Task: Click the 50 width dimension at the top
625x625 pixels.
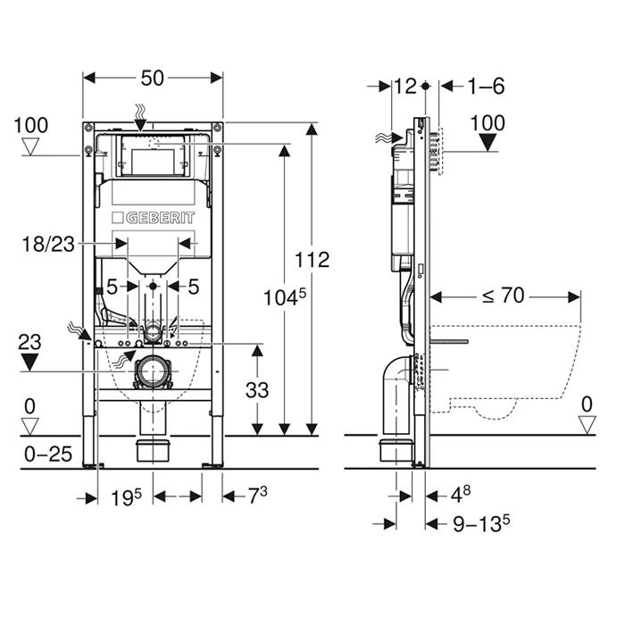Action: (x=153, y=79)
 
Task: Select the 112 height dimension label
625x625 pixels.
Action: (x=312, y=260)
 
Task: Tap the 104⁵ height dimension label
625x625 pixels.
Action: (x=285, y=297)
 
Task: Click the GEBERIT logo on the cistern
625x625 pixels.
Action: (x=154, y=218)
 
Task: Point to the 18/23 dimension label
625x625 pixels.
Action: (x=48, y=244)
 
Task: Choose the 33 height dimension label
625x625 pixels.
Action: (x=257, y=390)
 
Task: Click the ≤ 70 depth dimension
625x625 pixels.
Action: (x=503, y=296)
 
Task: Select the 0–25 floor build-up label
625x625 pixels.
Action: (x=48, y=454)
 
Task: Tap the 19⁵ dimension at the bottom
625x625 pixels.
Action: (x=127, y=497)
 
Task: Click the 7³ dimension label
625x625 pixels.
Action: (x=258, y=496)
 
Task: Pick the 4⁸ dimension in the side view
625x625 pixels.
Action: (x=461, y=495)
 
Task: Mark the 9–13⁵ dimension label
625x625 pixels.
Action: (x=481, y=523)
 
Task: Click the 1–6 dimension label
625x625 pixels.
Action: (x=486, y=86)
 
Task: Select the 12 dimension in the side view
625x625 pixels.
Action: (x=405, y=86)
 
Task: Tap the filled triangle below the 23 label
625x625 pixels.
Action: (x=29, y=362)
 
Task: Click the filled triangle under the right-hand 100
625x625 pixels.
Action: (x=487, y=143)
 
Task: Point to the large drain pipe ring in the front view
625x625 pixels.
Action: (x=153, y=371)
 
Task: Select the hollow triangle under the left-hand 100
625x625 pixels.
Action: (x=30, y=146)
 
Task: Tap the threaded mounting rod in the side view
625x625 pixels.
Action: (x=450, y=342)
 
